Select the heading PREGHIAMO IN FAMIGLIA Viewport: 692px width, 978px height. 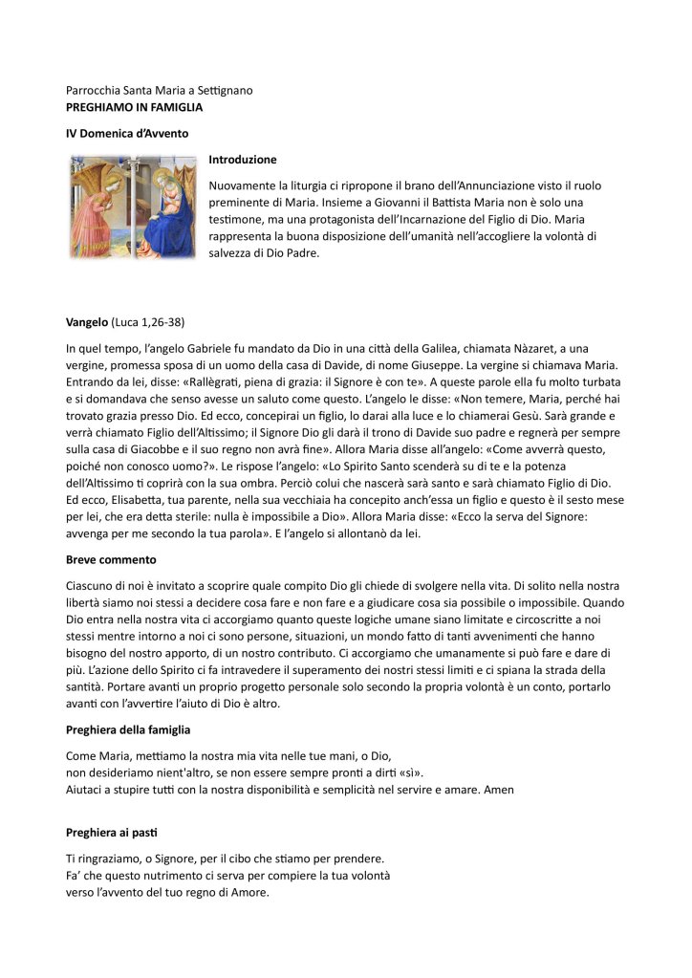(134, 107)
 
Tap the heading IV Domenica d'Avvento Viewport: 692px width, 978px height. (127, 133)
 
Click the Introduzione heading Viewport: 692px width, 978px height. (243, 160)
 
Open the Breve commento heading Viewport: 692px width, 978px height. (111, 558)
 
